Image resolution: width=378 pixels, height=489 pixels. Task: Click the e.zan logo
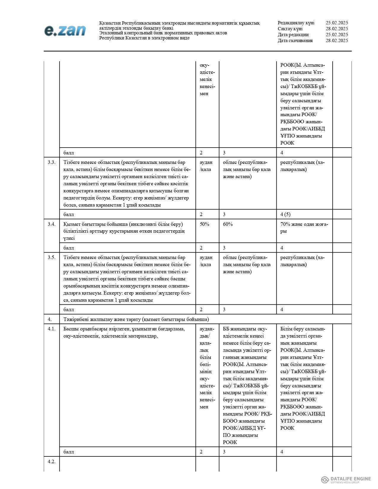click(65, 31)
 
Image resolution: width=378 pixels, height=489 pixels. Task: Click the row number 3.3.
click(52, 162)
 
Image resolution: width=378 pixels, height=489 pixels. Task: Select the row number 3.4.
click(52, 224)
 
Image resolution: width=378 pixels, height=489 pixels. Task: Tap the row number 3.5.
click(52, 257)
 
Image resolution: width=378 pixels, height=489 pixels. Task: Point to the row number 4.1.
click(52, 329)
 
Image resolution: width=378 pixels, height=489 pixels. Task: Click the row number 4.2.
click(52, 461)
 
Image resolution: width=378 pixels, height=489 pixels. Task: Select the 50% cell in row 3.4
click(205, 224)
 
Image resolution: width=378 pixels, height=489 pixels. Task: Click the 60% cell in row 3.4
click(228, 224)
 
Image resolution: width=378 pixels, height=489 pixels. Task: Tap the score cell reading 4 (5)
click(285, 214)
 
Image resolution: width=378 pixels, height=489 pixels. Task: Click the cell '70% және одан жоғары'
click(304, 228)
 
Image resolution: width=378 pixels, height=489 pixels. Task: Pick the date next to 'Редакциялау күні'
click(336, 23)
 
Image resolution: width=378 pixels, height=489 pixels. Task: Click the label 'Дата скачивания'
click(295, 41)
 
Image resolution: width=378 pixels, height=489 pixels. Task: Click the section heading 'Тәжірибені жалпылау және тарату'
click(136, 319)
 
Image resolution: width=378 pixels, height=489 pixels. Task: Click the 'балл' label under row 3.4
click(68, 248)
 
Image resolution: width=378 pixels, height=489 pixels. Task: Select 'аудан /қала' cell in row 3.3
click(206, 166)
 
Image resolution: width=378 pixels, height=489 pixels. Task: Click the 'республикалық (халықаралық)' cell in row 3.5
click(302, 261)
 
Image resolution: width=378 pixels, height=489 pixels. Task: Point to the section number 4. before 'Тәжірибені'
click(50, 319)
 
